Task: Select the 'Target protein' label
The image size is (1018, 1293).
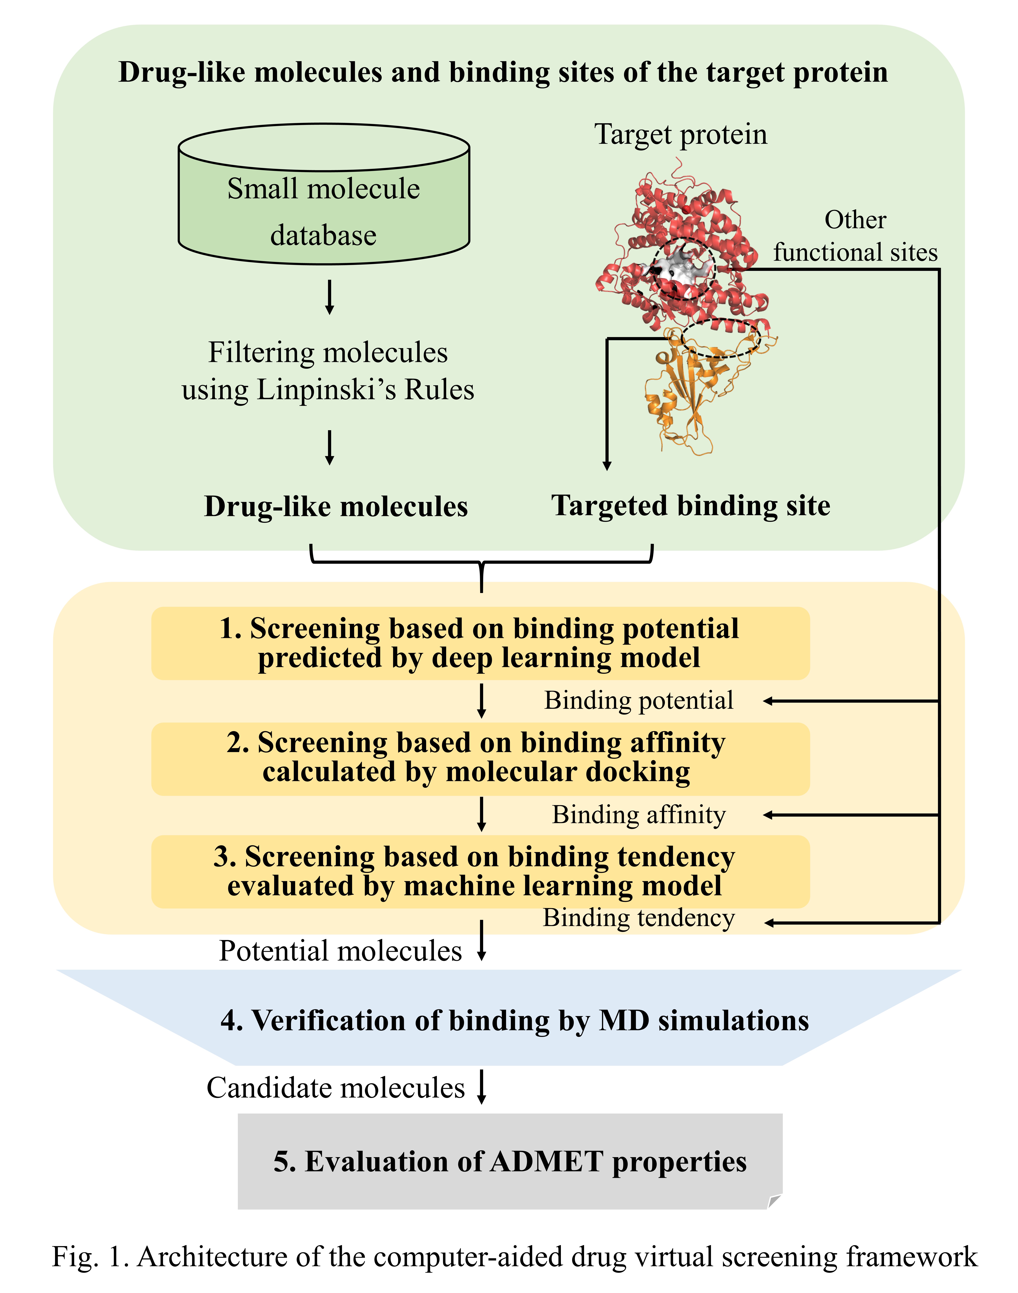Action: (x=681, y=135)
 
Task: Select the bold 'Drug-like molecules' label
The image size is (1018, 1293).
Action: (x=336, y=506)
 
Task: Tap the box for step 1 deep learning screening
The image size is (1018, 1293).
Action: (x=480, y=643)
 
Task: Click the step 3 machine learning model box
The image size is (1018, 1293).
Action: (x=480, y=871)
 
